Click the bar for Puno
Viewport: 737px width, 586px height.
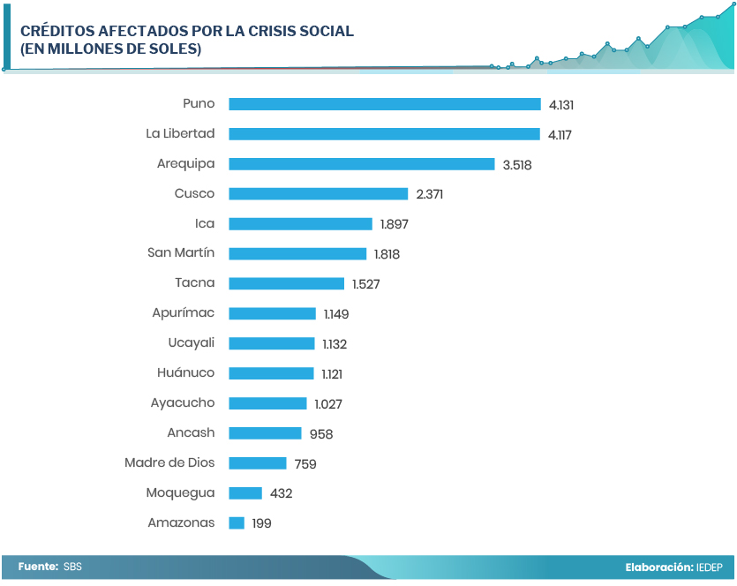[x=384, y=104]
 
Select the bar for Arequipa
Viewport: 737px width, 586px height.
[x=361, y=164]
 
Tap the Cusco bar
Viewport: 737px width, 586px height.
[x=318, y=194]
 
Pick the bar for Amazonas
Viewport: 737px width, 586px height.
[x=237, y=523]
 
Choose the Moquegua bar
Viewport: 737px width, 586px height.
[x=245, y=493]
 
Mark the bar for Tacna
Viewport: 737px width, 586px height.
[x=286, y=284]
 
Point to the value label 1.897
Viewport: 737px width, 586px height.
[x=394, y=224]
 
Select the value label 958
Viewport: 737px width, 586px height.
[x=321, y=434]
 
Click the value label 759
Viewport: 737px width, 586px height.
[x=305, y=464]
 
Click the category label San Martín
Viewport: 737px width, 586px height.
[x=181, y=253]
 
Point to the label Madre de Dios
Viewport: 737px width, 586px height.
[x=169, y=462]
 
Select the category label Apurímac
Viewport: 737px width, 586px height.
[x=184, y=313]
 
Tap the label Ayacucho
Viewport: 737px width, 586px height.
[x=183, y=403]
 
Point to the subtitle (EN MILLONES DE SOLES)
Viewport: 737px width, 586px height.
[x=111, y=49]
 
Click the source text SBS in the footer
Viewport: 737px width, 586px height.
[x=72, y=567]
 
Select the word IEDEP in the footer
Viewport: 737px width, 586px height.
[x=709, y=567]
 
